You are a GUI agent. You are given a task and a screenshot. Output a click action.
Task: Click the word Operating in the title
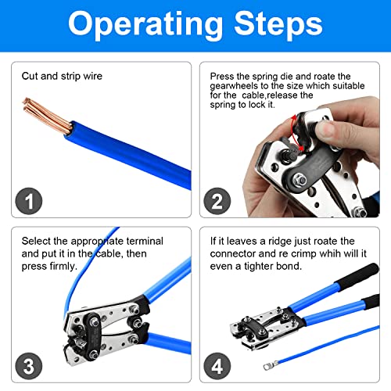coord(145,25)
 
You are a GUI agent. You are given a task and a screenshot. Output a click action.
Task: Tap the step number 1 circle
coord(29,201)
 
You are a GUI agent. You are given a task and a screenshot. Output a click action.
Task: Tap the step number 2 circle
coord(217,201)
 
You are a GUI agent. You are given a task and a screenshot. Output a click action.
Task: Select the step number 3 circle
coord(29,366)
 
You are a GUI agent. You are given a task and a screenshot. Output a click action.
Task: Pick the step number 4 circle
coord(217,366)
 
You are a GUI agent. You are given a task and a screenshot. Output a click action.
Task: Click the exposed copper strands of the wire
coord(47,116)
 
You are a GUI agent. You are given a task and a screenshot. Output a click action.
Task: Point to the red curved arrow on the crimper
coord(296,132)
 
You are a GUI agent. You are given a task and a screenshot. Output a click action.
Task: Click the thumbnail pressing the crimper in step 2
coord(325,130)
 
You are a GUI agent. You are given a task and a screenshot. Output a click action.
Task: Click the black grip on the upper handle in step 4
coord(357,276)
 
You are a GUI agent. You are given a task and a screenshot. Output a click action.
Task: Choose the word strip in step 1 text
coord(70,77)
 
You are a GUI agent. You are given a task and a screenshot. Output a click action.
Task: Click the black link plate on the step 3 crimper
coord(93,336)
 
